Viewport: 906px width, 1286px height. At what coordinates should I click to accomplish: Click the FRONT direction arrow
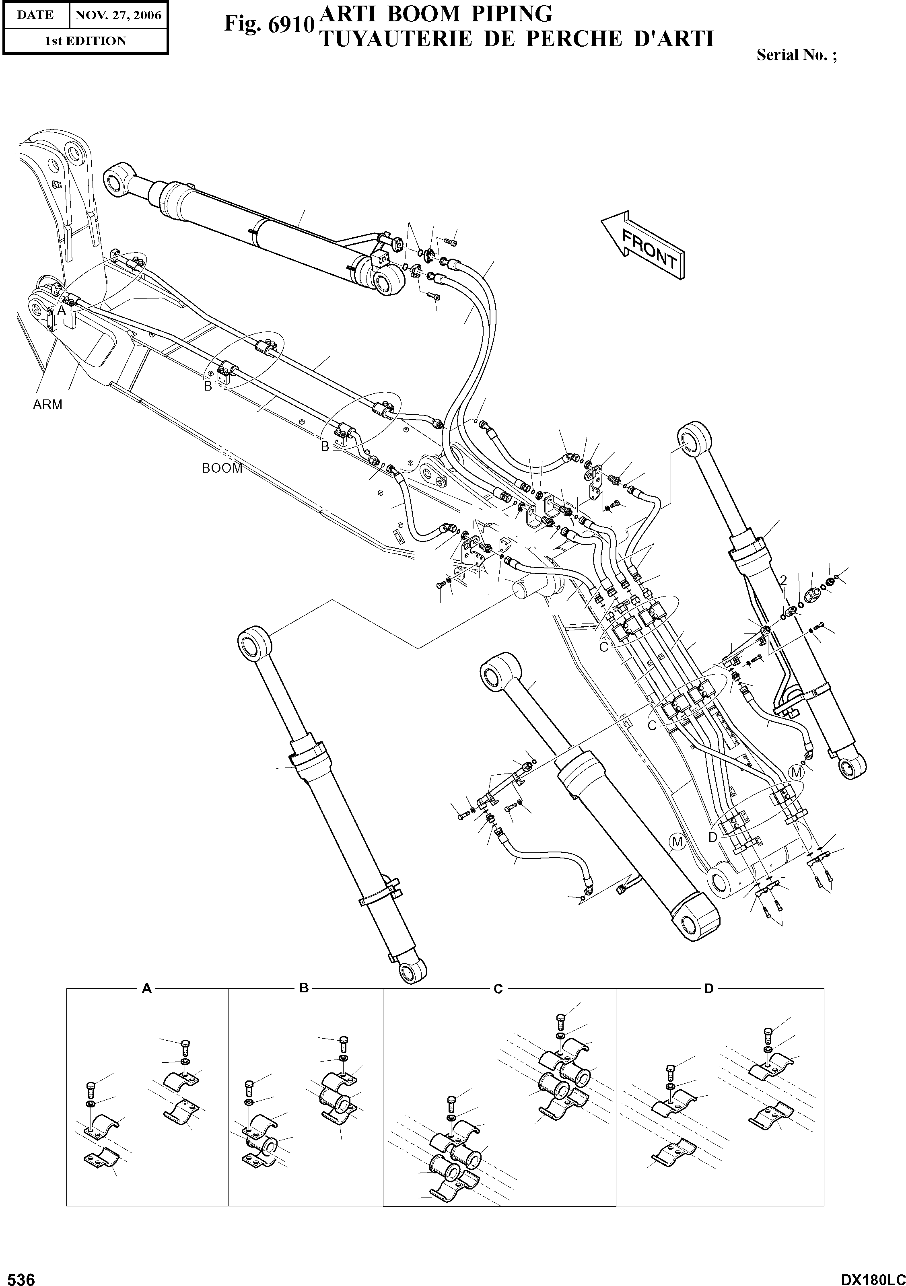point(643,245)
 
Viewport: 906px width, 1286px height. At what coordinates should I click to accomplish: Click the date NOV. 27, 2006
point(118,15)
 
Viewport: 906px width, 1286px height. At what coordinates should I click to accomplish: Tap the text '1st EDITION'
point(85,41)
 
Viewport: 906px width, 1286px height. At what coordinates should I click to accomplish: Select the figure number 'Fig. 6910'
point(268,25)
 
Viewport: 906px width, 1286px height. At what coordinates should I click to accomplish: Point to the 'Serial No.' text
point(796,55)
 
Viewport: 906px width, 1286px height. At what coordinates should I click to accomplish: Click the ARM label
point(47,404)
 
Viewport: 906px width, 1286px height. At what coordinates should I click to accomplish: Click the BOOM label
point(222,468)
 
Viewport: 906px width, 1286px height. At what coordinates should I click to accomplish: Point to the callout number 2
point(783,580)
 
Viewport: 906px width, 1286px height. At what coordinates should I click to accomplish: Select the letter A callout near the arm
point(62,310)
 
